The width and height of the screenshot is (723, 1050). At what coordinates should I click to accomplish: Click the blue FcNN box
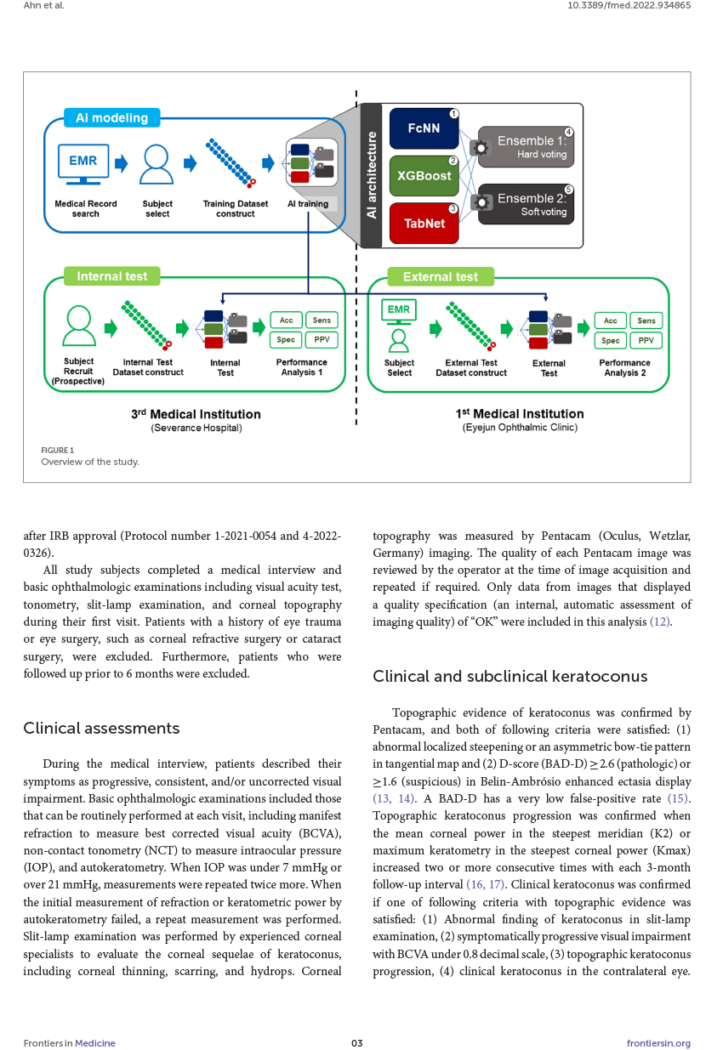424,128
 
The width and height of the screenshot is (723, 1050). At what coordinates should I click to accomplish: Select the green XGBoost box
424,176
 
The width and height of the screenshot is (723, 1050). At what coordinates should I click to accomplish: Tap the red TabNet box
424,223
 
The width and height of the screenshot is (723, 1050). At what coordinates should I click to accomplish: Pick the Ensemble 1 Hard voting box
527,147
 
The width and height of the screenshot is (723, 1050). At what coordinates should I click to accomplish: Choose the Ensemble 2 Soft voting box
527,205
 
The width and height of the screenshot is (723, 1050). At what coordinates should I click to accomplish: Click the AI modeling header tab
111,118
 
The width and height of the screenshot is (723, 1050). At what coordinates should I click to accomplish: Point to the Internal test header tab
111,276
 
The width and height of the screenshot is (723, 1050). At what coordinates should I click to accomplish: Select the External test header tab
440,276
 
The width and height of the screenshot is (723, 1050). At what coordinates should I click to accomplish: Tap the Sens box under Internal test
322,321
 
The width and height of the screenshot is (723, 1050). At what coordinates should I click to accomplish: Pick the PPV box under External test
646,340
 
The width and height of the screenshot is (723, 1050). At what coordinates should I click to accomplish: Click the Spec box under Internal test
286,340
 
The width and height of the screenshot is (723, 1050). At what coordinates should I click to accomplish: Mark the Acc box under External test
610,321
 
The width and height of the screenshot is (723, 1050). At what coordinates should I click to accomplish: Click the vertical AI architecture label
371,175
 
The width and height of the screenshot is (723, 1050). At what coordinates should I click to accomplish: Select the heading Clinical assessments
101,728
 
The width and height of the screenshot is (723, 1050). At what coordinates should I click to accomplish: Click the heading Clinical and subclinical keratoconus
510,676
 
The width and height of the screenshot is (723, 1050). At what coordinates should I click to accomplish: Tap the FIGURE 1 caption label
57,450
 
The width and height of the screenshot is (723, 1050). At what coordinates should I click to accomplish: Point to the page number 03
357,1043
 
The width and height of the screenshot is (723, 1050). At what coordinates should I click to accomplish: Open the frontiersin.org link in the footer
658,1043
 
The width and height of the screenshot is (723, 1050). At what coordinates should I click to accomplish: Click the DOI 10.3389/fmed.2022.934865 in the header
629,5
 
